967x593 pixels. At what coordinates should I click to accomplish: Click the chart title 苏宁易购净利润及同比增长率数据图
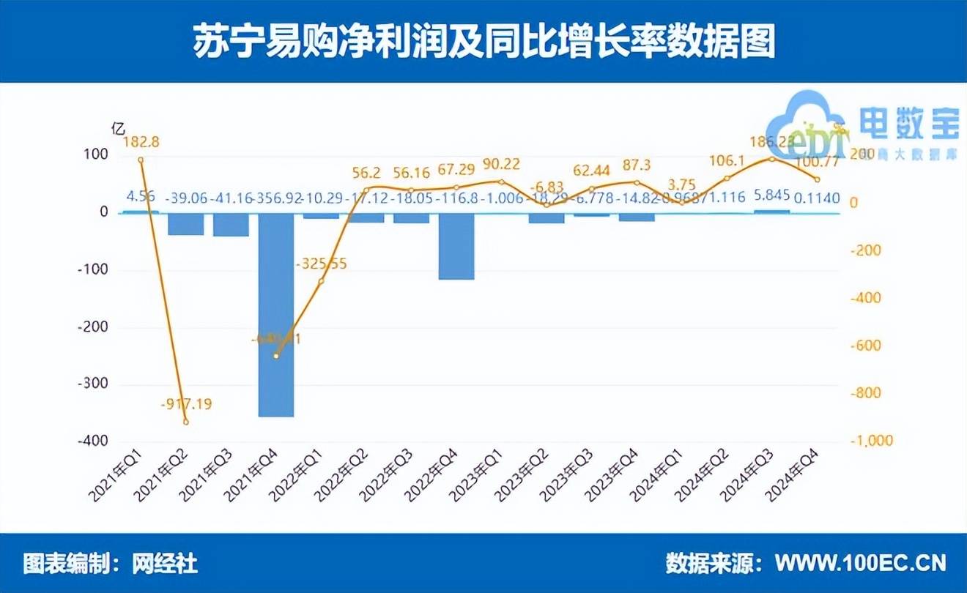pos(483,42)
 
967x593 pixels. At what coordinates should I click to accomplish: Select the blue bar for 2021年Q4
pos(276,315)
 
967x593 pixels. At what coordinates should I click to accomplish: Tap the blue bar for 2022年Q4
pos(456,246)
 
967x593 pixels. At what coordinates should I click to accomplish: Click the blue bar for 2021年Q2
pos(186,224)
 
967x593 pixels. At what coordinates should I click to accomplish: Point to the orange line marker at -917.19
pos(186,422)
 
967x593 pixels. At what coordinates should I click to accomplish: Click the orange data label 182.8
pos(141,141)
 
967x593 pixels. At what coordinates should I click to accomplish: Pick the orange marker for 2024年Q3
pos(772,159)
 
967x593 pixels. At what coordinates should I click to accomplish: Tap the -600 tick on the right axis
pos(864,346)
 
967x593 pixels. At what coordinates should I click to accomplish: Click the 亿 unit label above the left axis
pos(117,127)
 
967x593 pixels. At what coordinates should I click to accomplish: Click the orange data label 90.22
pos(501,163)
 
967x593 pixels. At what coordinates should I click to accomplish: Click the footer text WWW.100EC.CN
pos(861,563)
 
